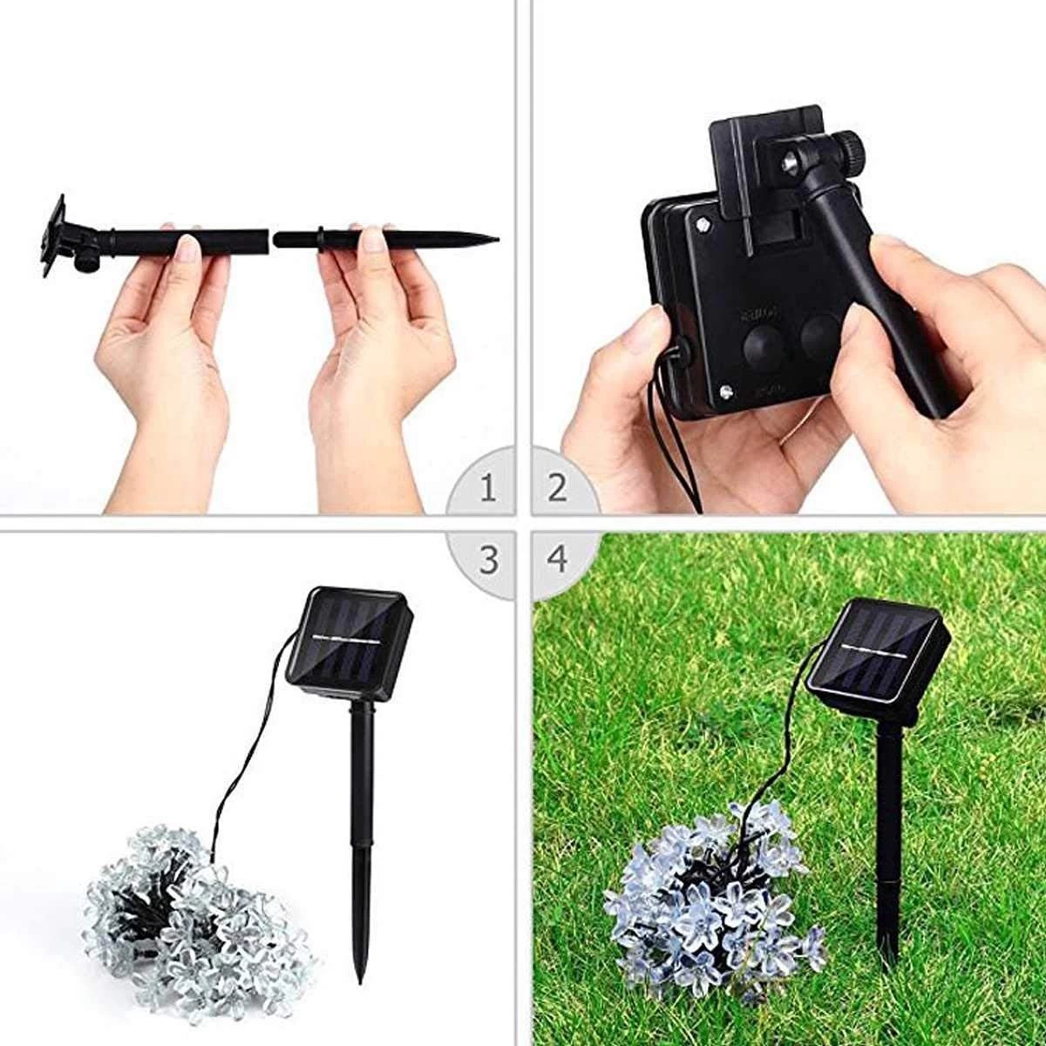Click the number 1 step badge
488,488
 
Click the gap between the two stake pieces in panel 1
271,237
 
